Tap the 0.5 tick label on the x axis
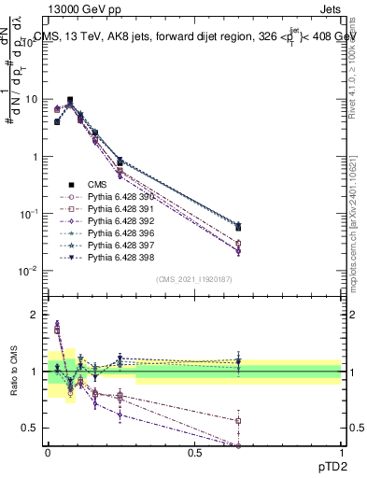(194, 452)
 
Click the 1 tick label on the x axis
(342, 452)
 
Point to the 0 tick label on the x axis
(48, 452)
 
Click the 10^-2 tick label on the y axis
(28, 272)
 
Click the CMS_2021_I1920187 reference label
(194, 280)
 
